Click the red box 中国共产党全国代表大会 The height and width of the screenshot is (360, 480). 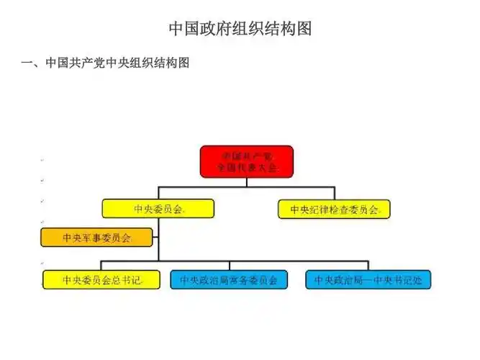(246, 161)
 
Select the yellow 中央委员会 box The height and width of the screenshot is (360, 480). (158, 209)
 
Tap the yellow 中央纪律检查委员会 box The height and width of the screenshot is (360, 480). (334, 210)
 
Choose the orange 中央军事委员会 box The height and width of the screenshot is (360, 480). (96, 236)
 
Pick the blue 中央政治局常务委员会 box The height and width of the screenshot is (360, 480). (229, 279)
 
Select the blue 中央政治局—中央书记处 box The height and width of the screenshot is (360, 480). (368, 279)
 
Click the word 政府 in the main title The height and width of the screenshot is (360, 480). (212, 29)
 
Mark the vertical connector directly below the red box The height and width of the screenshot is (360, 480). (246, 181)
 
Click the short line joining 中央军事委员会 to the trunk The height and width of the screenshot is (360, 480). (155, 236)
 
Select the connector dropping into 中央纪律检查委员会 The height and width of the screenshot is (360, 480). (334, 193)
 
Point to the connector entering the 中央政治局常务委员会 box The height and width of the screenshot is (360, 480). (229, 265)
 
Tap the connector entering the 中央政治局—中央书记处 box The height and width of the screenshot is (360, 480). (368, 265)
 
